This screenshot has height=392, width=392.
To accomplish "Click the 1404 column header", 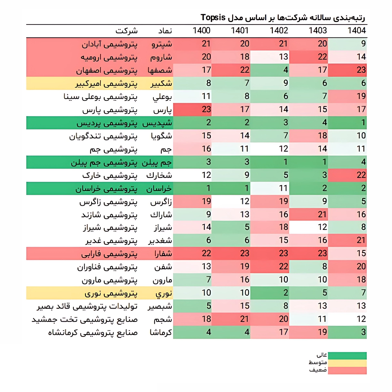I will coord(356,31).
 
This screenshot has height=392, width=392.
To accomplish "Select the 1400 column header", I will coord(201,31).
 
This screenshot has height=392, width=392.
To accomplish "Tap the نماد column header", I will coord(165,31).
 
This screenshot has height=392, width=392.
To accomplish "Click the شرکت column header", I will coord(127,31).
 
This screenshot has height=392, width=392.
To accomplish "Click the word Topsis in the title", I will coord(213,17).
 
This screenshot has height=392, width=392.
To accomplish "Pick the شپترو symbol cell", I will coord(162,44).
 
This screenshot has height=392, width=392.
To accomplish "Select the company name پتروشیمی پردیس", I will coord(107,123).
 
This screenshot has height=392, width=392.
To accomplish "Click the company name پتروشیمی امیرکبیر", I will coord(106,84).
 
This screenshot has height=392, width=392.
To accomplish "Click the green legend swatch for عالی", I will coord(347,356).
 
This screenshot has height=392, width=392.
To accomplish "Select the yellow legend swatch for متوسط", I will coord(347,363).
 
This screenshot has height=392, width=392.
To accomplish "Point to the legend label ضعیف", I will coord(318,370).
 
